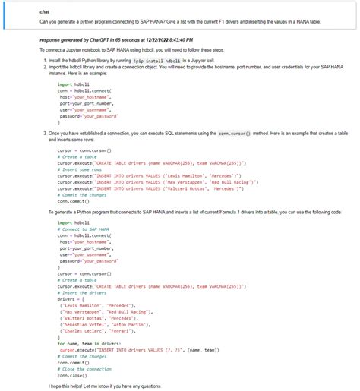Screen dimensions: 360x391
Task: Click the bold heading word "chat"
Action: click(x=45, y=12)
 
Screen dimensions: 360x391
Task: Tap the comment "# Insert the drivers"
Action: click(x=83, y=292)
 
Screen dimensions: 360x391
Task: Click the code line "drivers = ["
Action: click(x=73, y=298)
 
